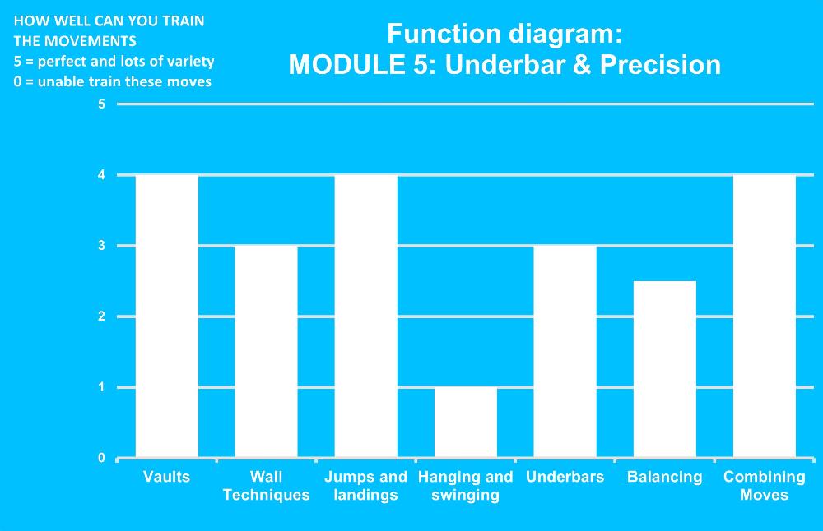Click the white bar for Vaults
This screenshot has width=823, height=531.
[x=167, y=316]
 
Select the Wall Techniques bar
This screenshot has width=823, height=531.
[x=266, y=351]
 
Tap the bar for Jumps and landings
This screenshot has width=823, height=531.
[x=366, y=316]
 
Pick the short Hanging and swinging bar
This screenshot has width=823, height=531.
[x=466, y=422]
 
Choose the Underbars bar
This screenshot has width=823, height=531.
[x=565, y=351]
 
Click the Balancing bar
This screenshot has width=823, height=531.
[x=664, y=369]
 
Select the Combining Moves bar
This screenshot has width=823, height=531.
[x=765, y=316]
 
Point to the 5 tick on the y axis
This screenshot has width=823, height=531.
[x=101, y=104]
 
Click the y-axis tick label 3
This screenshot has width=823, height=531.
[x=101, y=245]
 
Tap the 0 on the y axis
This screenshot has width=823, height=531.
[x=101, y=458]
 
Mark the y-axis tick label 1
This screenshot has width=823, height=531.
[x=101, y=387]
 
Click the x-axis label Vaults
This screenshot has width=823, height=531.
[x=166, y=477]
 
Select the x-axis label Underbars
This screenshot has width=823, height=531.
[x=565, y=477]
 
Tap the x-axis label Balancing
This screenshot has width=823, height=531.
[x=664, y=477]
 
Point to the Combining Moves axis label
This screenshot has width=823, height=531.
[x=765, y=486]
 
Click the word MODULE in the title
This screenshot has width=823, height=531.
[x=343, y=65]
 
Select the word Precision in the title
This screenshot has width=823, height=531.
[x=660, y=65]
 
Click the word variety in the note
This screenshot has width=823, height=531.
[x=191, y=62]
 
